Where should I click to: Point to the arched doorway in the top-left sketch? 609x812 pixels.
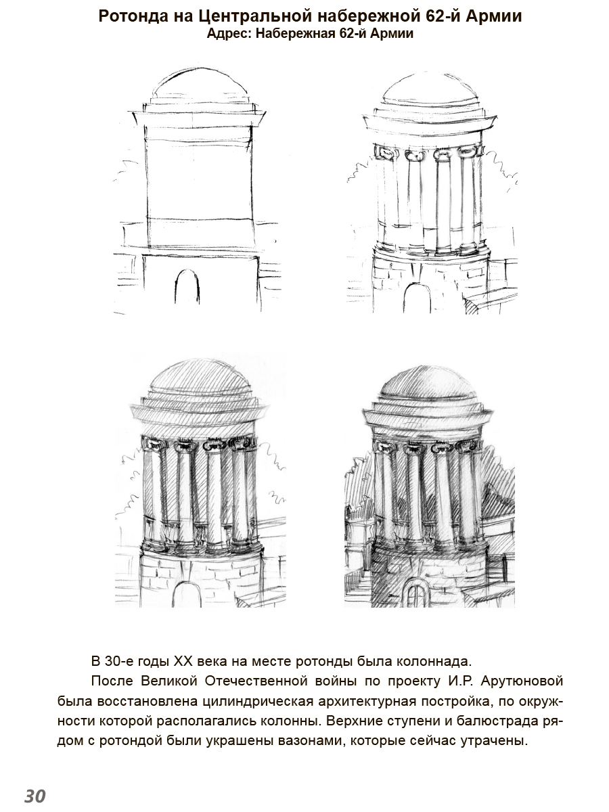(x=187, y=287)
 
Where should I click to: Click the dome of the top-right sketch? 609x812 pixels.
(x=429, y=89)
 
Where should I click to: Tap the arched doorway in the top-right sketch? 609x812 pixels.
(x=416, y=298)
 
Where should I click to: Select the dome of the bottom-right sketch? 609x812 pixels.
(x=428, y=386)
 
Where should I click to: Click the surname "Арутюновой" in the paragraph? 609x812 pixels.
(x=522, y=681)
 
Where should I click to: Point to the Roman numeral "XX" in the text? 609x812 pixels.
(x=183, y=661)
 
